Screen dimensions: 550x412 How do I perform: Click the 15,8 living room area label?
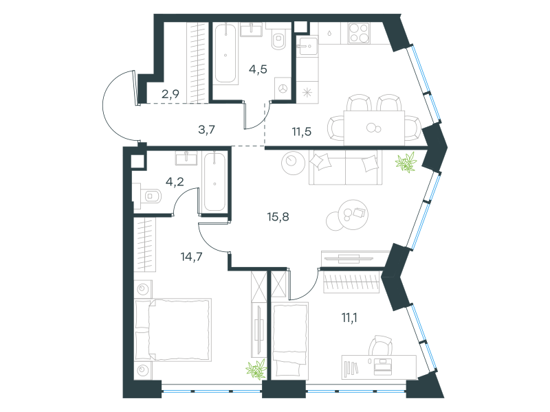point(278,217)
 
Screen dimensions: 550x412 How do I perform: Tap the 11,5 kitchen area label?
point(302,132)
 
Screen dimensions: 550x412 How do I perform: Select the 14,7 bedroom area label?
point(191,257)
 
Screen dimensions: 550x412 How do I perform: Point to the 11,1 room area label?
point(349,318)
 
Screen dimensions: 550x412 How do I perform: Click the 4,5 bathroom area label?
point(258,69)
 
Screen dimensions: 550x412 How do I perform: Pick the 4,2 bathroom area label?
point(175,182)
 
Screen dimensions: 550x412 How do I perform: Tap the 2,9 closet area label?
point(170,94)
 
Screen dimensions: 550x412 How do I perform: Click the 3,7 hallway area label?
point(206,130)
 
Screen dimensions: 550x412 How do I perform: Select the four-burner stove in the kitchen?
point(359,33)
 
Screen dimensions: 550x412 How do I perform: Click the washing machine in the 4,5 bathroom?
point(283,89)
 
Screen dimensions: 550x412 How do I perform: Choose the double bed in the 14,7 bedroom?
point(173,330)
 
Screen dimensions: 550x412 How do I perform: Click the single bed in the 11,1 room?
point(290,341)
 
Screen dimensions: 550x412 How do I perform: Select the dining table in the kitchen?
point(374,128)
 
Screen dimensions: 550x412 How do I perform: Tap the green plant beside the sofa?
point(406,162)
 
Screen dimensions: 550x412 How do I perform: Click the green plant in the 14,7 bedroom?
point(256,369)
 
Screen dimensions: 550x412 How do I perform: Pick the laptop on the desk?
point(383,366)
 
